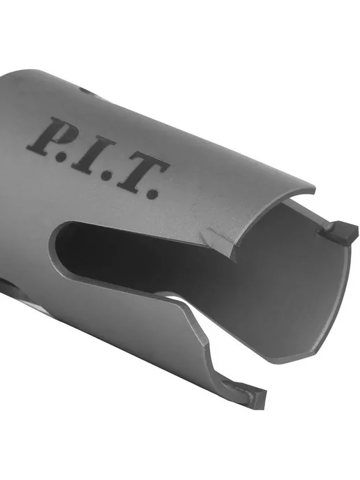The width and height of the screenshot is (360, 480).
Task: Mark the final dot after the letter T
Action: (153, 193)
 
